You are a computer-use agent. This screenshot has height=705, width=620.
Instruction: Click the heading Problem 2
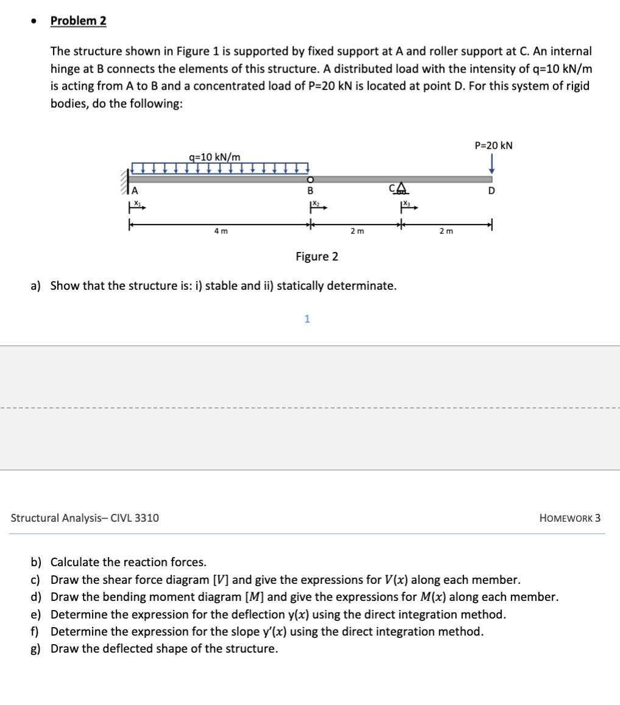(x=78, y=21)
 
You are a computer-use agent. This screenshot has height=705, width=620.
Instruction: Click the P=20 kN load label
(x=493, y=146)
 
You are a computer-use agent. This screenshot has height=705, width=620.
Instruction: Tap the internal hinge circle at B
(x=310, y=180)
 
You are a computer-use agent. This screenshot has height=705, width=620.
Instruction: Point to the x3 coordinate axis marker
(x=407, y=205)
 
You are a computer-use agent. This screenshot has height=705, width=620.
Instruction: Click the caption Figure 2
(x=317, y=256)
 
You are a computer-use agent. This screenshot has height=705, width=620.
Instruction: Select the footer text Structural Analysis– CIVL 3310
(x=85, y=518)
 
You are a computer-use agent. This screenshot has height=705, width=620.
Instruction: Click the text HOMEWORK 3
(x=569, y=518)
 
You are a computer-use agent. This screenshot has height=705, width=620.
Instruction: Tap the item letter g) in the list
(x=36, y=648)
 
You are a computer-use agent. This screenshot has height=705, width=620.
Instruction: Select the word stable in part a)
(x=227, y=285)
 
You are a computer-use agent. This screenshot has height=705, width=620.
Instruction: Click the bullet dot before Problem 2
(x=35, y=21)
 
